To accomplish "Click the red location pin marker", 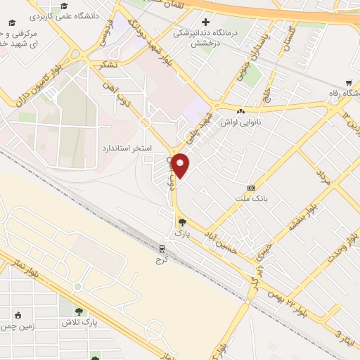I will coord(181,165).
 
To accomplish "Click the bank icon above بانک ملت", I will coord(251,188).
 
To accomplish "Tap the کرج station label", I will coord(162,260).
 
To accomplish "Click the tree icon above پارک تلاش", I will coord(79,311).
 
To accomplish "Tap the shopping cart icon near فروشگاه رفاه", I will coord(349,82).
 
